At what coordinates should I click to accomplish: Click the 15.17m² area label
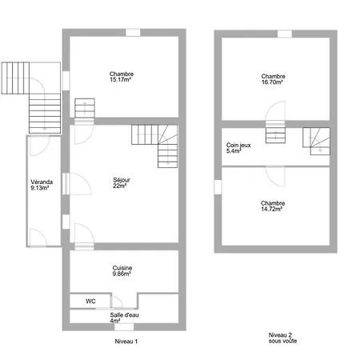coord(120,80)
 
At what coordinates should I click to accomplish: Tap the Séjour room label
coord(122,180)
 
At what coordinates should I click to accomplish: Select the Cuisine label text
coord(122,268)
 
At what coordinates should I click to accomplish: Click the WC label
coord(90,302)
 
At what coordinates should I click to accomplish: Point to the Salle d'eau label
coord(124,315)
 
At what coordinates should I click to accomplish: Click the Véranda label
coord(42,182)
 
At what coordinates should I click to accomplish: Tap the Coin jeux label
coord(238,146)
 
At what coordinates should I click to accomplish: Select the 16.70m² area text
coord(272,82)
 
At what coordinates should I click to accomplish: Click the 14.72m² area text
coord(271,209)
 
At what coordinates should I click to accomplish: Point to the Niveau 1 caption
coord(126,342)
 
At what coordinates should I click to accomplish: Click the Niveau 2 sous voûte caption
coord(282,338)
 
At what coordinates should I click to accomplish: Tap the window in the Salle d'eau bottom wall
coord(124,327)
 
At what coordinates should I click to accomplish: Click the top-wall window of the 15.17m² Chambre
coord(133,33)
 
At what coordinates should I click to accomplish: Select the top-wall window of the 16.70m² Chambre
coord(285,34)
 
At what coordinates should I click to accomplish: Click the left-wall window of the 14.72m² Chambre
coord(218,187)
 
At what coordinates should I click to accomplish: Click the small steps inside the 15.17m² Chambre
coord(85,108)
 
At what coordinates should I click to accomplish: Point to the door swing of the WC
coord(117,302)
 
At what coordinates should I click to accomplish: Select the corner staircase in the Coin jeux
coord(316,141)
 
